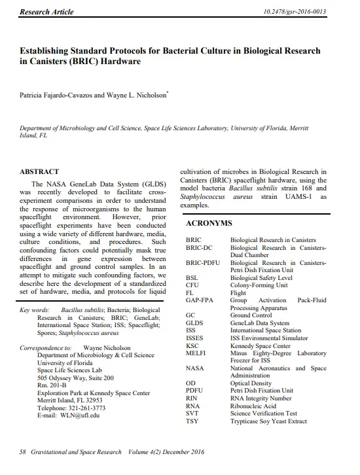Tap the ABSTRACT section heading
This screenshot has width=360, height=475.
tap(40, 171)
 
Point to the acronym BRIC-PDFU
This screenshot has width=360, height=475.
tap(204, 262)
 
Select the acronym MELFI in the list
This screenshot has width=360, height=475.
tap(197, 353)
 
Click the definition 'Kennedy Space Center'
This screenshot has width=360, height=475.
tap(261, 345)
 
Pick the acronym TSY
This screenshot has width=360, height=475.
tap(192, 421)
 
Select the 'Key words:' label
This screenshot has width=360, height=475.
tap(34, 309)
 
